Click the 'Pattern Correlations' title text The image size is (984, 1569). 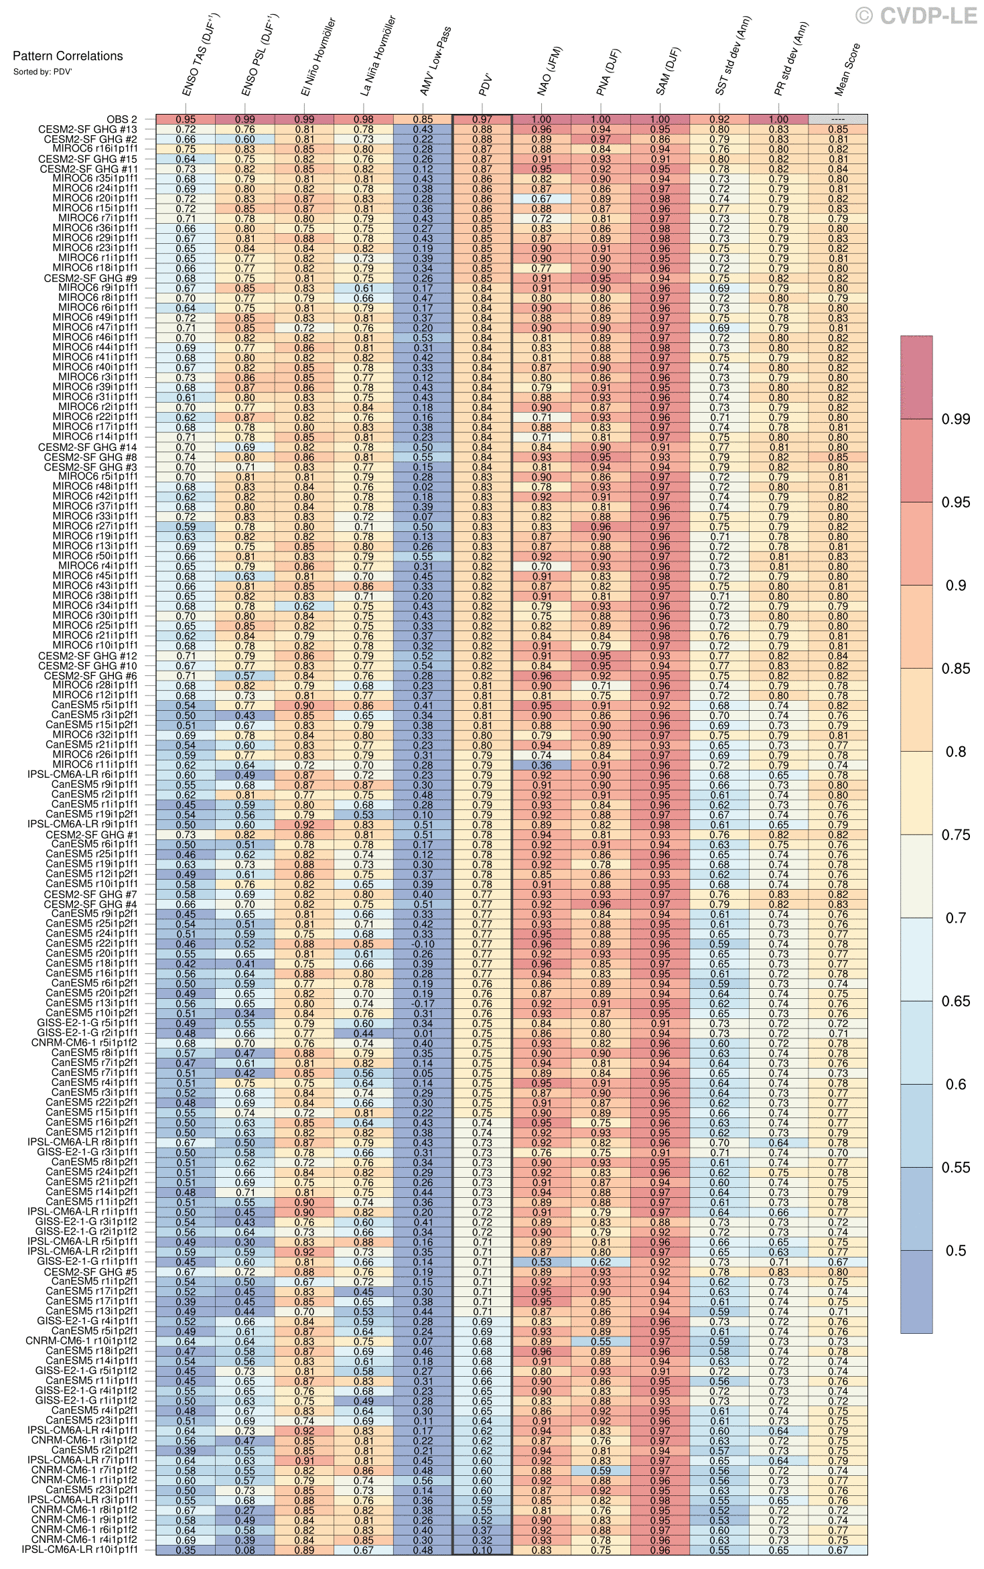click(x=68, y=56)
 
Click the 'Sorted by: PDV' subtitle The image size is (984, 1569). click(x=42, y=72)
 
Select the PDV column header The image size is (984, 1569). click(x=486, y=85)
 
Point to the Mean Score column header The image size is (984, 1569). click(x=847, y=70)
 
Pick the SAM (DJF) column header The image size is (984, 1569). click(x=667, y=71)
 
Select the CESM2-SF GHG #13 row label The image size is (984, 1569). click(x=88, y=129)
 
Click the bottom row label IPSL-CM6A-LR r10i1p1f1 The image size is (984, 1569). click(x=80, y=1550)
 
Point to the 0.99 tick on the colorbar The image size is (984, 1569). click(x=955, y=419)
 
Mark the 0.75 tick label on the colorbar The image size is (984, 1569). click(x=955, y=835)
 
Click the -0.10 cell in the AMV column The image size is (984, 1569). click(x=423, y=944)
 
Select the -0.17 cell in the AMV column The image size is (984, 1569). click(x=423, y=1004)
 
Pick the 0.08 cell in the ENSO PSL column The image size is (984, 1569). click(x=245, y=1550)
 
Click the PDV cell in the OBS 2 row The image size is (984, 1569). click(x=482, y=119)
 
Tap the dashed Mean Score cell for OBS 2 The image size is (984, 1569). click(x=837, y=119)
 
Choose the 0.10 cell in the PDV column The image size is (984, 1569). click(x=482, y=1550)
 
